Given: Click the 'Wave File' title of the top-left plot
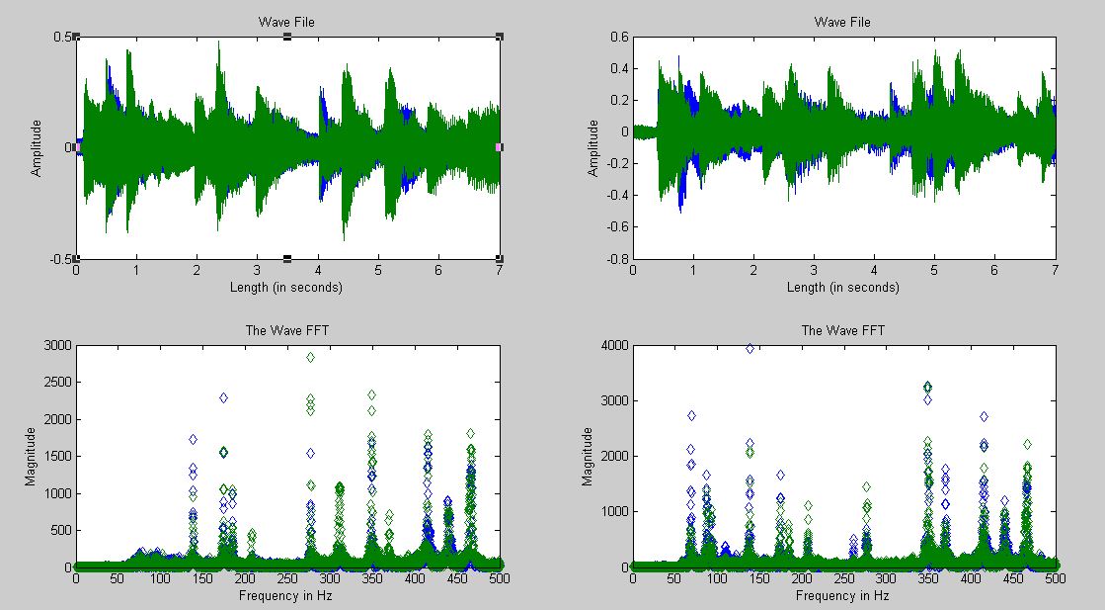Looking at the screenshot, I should [x=286, y=22].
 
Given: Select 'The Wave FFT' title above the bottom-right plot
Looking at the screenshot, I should [x=842, y=330].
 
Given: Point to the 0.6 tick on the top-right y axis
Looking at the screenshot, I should [x=618, y=38].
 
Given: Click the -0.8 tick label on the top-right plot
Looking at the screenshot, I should [x=615, y=259].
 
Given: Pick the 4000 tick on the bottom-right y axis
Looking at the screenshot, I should [x=611, y=345].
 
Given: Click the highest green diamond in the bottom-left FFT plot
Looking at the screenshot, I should [x=310, y=357].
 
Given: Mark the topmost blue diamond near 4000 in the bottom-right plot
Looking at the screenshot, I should [x=750, y=348].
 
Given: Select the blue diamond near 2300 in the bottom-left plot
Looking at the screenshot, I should [x=223, y=397].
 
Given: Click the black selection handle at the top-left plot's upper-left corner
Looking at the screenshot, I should [x=76, y=37].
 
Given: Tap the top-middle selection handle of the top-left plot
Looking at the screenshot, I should [x=287, y=37].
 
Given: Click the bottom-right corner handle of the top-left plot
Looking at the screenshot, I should [x=500, y=259].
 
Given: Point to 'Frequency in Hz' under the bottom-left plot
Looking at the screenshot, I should [x=286, y=596].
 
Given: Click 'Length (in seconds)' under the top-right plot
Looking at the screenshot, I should [x=842, y=288].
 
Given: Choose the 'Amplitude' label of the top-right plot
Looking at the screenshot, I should [x=593, y=147].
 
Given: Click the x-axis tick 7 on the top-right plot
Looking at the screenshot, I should [x=1056, y=270].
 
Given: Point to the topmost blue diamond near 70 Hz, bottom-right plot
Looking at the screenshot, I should [x=691, y=416].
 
